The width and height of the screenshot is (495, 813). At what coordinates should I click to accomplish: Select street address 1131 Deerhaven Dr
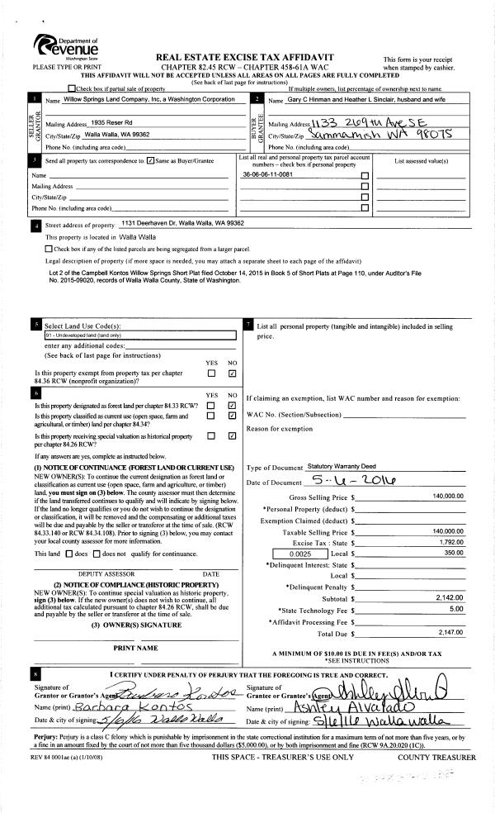(x=182, y=223)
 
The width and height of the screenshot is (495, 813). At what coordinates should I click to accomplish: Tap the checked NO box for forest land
(x=232, y=406)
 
